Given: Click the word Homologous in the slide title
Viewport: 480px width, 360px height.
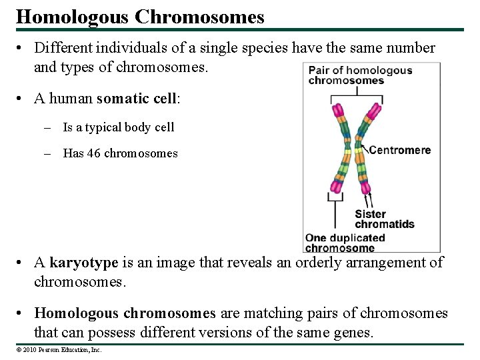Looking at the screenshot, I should tap(73, 17).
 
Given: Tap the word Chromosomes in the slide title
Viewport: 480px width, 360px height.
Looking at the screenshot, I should tap(199, 17).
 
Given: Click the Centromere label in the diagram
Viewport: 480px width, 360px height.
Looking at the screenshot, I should tap(400, 150).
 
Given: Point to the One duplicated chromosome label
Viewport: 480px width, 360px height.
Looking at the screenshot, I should tap(345, 243).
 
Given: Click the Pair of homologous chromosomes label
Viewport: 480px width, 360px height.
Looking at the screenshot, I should tap(360, 75).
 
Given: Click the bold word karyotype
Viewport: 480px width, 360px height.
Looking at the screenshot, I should tap(83, 263).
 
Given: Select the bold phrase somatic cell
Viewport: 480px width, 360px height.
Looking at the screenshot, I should tap(137, 99).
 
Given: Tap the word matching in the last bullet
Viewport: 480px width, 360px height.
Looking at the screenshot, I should tap(274, 313).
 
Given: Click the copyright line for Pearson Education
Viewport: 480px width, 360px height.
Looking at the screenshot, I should tap(59, 349).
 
